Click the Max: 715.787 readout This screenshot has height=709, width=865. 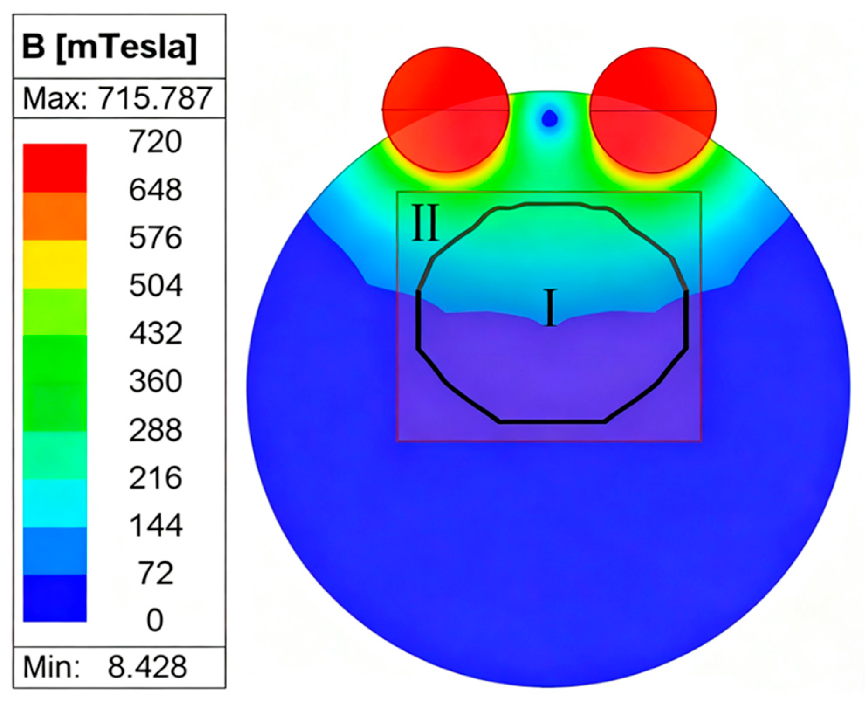[118, 98]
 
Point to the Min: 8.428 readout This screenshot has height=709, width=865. [105, 667]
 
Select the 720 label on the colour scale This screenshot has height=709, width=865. [155, 141]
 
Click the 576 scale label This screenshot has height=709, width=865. [155, 237]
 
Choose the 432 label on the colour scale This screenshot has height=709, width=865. [155, 333]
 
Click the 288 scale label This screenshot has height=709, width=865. [155, 430]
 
